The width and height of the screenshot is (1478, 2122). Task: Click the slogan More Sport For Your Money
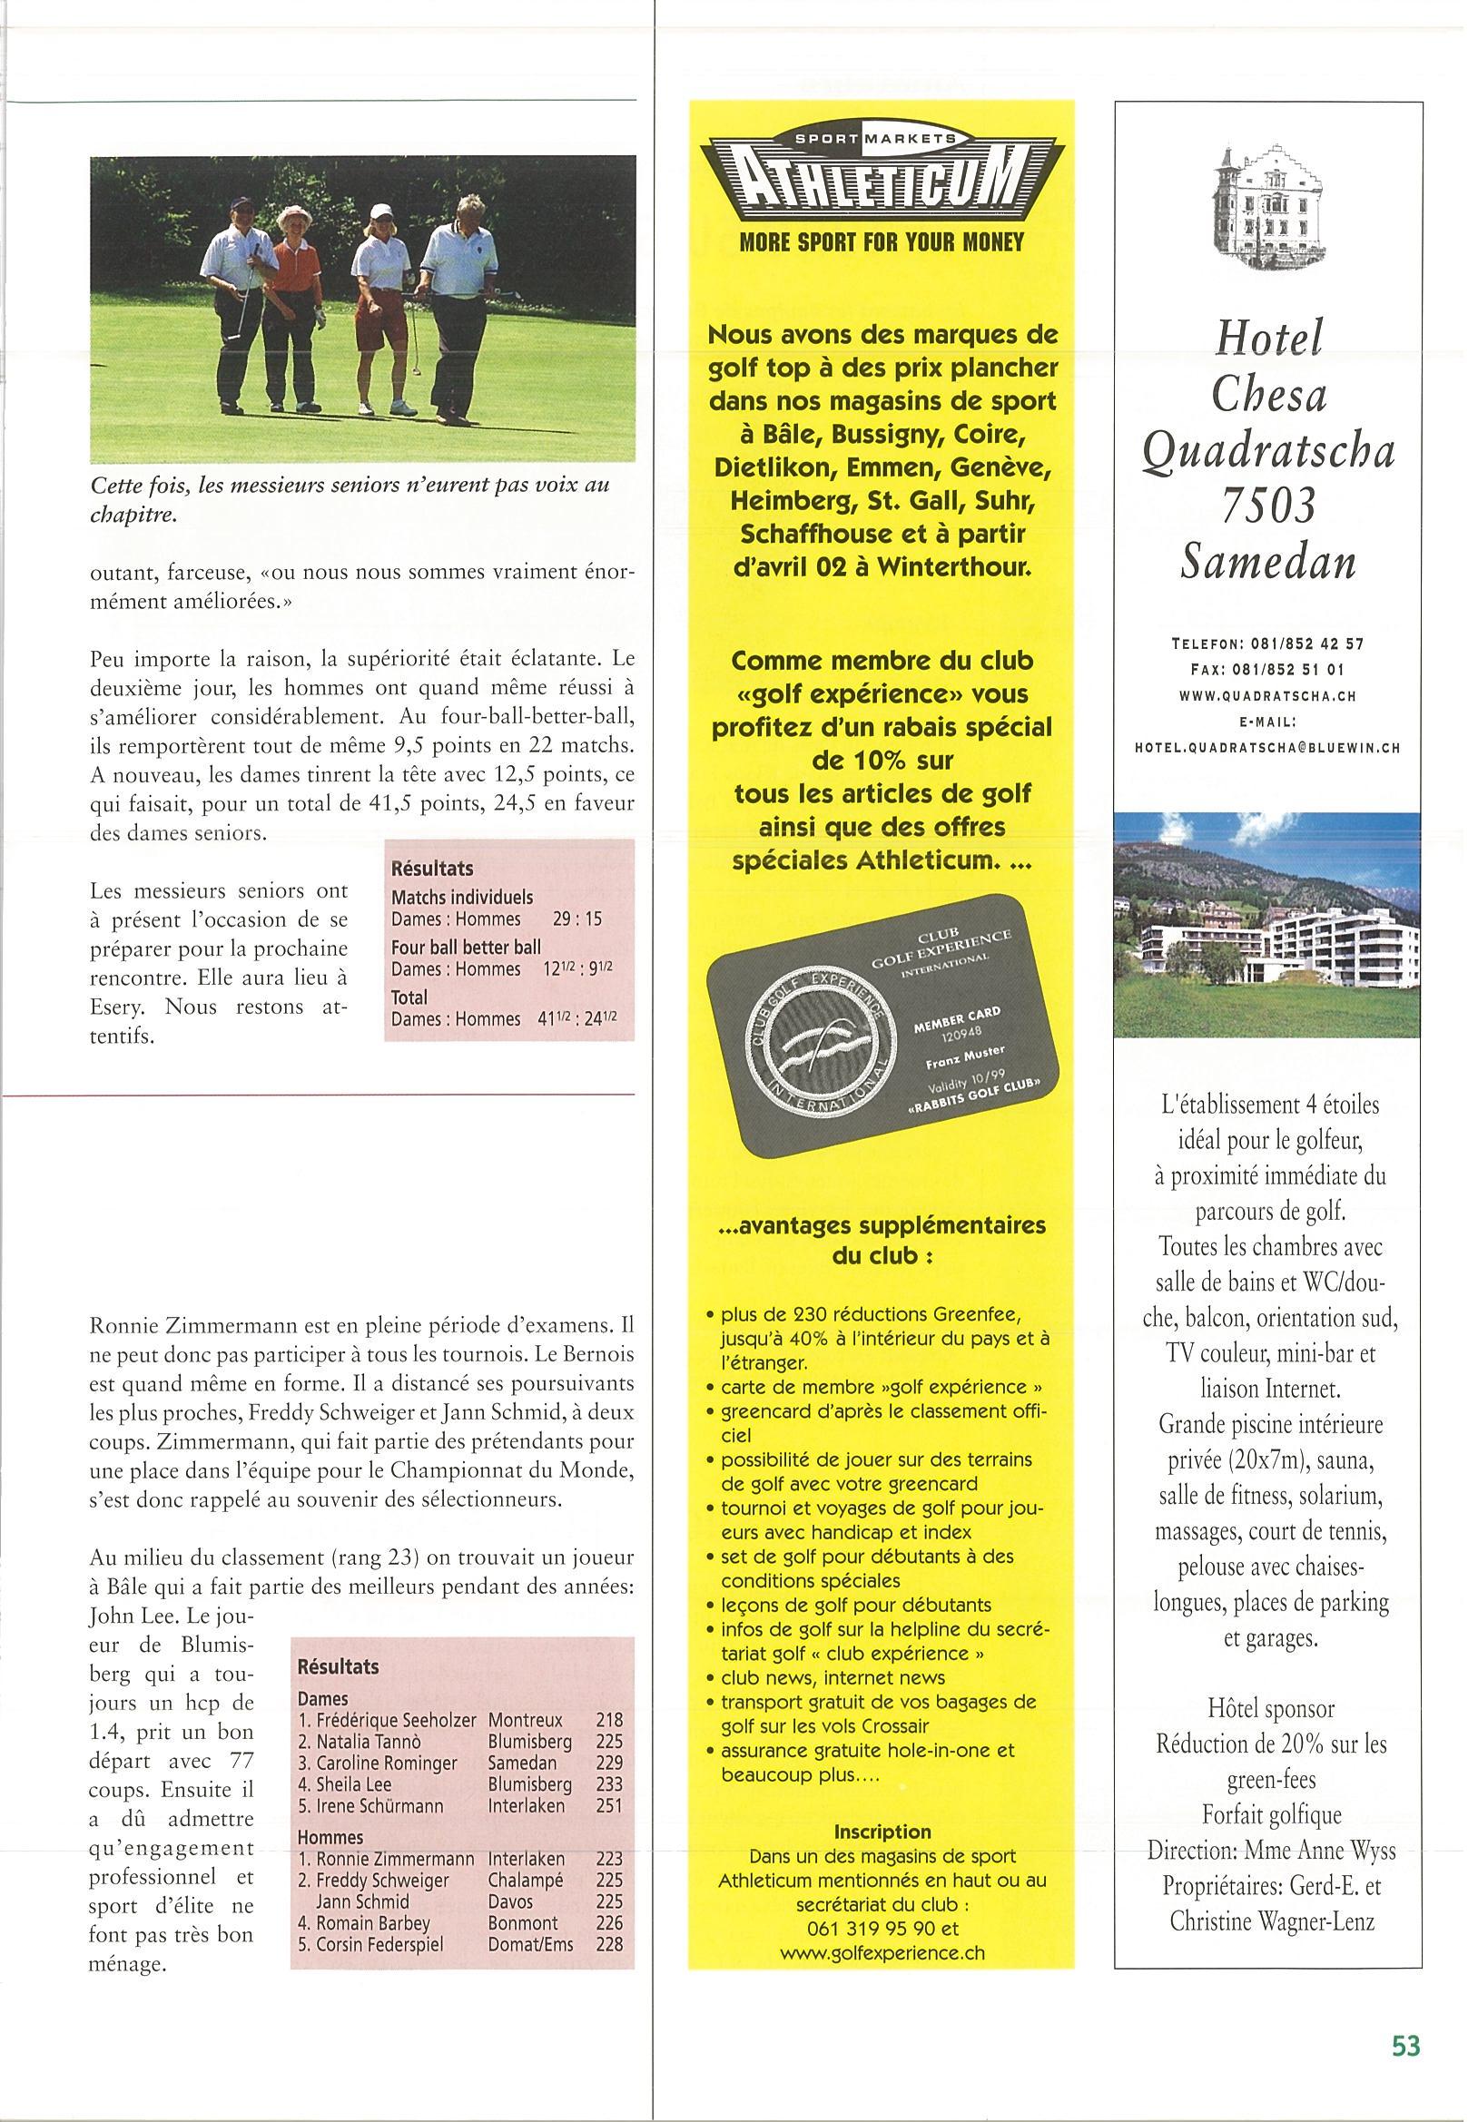click(881, 242)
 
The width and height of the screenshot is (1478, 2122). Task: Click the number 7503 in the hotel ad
click(1267, 506)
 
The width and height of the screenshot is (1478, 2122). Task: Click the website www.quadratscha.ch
click(1267, 696)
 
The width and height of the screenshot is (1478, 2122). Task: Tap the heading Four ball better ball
click(466, 947)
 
